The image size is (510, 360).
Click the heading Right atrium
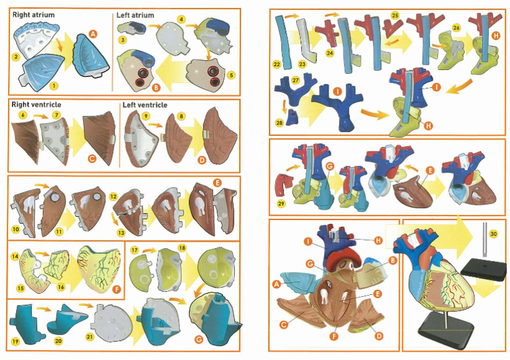coord(33,14)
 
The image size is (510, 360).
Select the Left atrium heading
coord(136,15)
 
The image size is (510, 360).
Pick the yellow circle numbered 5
coord(231,75)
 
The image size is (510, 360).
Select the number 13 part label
coord(121,232)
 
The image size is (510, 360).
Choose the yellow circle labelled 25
coord(395,15)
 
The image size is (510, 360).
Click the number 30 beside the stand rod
coord(493,234)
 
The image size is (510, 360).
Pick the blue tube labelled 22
coord(282,37)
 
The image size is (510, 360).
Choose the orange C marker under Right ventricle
coord(92,159)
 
